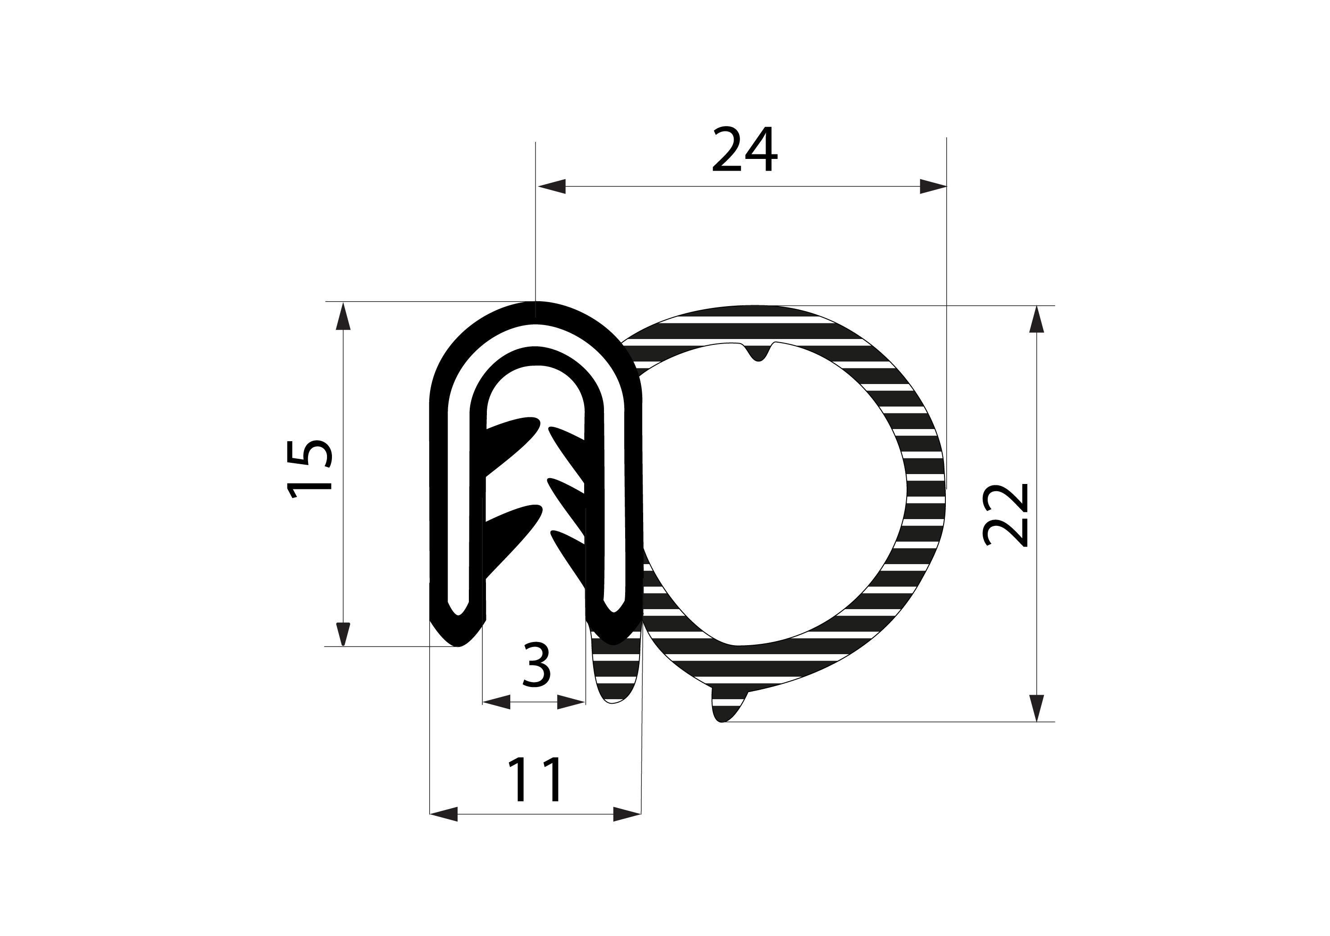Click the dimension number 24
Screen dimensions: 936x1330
(744, 149)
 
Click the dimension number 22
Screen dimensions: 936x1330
(1006, 515)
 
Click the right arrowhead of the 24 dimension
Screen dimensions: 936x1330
(933, 186)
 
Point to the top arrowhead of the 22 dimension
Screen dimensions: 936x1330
(1036, 320)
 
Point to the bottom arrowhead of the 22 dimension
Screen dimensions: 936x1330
(1036, 707)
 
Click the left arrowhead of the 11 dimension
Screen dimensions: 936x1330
(444, 814)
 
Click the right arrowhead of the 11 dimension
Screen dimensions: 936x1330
(627, 814)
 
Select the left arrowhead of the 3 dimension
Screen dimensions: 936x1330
(496, 701)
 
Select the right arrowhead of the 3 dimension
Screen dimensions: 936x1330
(571, 701)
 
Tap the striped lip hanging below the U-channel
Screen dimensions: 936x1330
(614, 672)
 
